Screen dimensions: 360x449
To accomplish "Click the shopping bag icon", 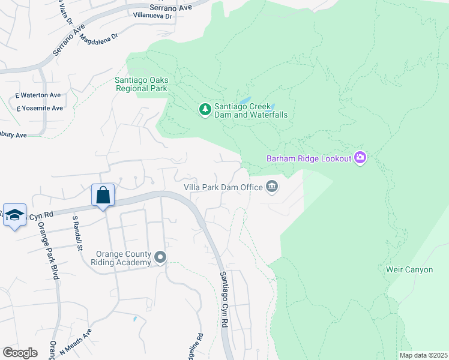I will [x=103, y=196].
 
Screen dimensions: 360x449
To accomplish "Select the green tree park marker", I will [x=205, y=109].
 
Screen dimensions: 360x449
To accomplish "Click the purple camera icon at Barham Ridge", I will [x=360, y=158].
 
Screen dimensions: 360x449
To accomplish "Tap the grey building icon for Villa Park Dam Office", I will [x=272, y=187].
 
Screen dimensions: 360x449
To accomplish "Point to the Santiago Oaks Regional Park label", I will [x=142, y=84].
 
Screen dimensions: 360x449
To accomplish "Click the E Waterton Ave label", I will [x=38, y=95].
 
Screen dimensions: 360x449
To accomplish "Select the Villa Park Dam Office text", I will [x=223, y=187].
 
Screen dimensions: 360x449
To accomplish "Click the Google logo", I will [x=20, y=352].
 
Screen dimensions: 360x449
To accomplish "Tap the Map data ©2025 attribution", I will [x=423, y=355].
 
